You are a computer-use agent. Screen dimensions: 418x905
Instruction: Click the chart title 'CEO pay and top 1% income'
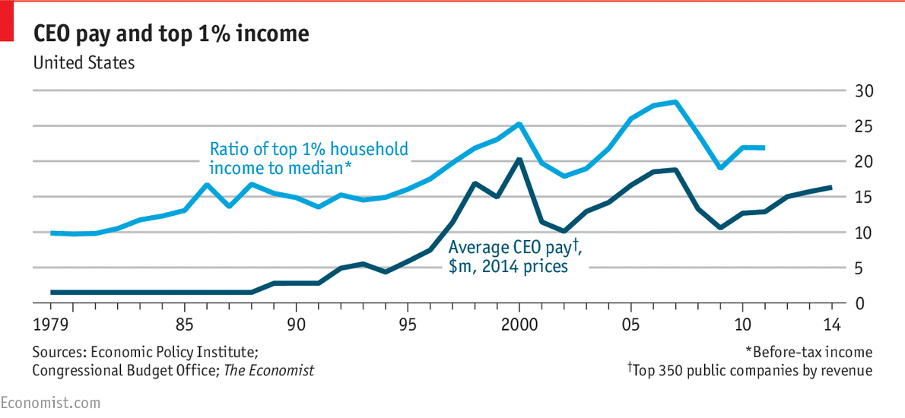tap(170, 34)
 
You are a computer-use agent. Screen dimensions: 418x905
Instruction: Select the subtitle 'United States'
tap(84, 62)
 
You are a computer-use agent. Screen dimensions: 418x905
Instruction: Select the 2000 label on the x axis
tap(519, 325)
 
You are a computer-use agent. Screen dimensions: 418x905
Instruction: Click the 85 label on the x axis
tap(185, 325)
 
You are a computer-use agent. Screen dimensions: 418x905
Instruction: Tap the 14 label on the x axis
tap(831, 325)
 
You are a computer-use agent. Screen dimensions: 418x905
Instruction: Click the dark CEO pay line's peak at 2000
tap(519, 159)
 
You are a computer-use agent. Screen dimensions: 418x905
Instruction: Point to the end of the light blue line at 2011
tap(764, 147)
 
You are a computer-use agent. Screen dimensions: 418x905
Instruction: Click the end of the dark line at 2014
tap(831, 187)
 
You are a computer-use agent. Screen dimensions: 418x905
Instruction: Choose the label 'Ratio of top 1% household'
tap(309, 149)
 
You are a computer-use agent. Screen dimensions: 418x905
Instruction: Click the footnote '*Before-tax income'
tap(808, 352)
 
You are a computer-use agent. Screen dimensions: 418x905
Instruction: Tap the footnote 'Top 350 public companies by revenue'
tap(750, 370)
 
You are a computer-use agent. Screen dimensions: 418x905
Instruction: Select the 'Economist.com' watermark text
tap(50, 402)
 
